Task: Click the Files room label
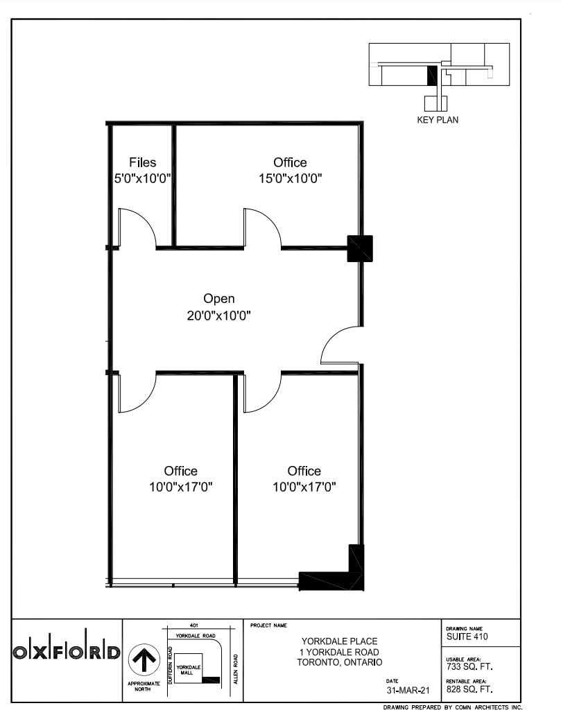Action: click(x=143, y=163)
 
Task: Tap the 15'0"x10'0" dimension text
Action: click(x=290, y=178)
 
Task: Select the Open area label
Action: click(x=218, y=299)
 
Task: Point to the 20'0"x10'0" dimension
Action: click(x=218, y=316)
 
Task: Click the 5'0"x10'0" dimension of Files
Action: click(x=143, y=178)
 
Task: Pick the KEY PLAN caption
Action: click(x=437, y=120)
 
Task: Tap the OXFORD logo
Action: click(x=67, y=652)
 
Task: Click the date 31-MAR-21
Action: click(x=408, y=691)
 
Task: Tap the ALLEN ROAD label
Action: click(x=236, y=668)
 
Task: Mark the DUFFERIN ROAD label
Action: click(x=170, y=663)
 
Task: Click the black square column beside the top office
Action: click(x=360, y=248)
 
